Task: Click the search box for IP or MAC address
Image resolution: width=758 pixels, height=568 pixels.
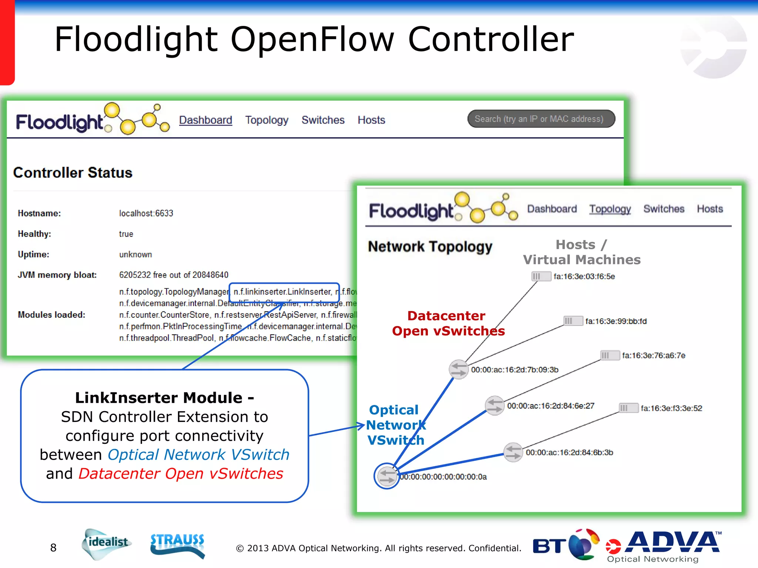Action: point(541,119)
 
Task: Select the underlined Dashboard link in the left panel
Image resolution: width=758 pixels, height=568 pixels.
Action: point(205,120)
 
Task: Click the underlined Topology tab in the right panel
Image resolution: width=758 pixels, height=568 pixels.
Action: point(610,209)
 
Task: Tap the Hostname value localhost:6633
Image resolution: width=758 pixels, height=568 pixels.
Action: point(146,213)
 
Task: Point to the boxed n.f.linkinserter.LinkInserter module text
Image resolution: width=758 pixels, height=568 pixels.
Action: point(283,292)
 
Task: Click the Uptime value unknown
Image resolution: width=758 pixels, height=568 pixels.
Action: point(135,254)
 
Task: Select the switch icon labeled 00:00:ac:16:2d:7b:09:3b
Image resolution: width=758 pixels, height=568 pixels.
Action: point(459,369)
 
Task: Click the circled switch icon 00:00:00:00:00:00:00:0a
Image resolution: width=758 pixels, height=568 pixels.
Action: point(387,476)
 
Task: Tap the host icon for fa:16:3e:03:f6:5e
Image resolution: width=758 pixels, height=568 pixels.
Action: point(541,276)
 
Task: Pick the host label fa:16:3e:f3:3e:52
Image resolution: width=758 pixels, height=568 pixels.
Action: point(671,408)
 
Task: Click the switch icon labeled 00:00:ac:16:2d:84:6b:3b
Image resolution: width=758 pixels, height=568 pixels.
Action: point(513,452)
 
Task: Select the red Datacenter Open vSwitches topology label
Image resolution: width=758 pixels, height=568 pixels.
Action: point(448,323)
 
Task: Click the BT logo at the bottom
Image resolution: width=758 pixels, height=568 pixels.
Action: point(565,545)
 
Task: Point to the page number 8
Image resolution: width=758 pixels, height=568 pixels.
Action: point(53,548)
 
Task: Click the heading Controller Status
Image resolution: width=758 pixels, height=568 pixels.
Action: point(73,173)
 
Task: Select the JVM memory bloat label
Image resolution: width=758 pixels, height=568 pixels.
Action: point(57,275)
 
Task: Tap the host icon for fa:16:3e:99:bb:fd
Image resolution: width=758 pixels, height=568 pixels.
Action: point(573,321)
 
